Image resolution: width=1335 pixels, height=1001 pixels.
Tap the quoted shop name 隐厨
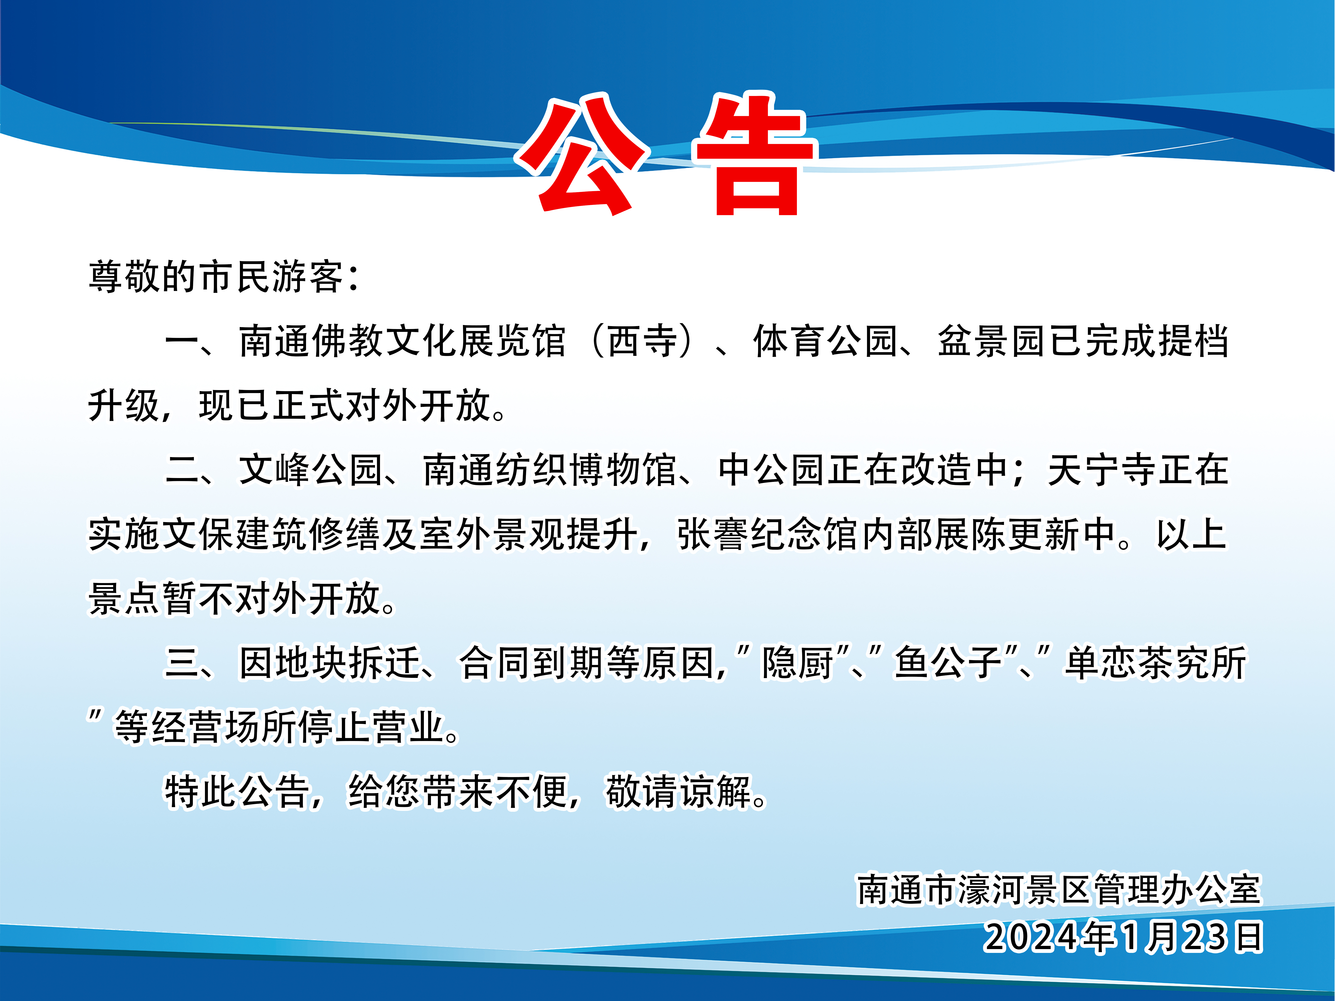(x=798, y=663)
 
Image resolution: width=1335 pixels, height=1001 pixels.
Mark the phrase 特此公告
(x=237, y=792)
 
